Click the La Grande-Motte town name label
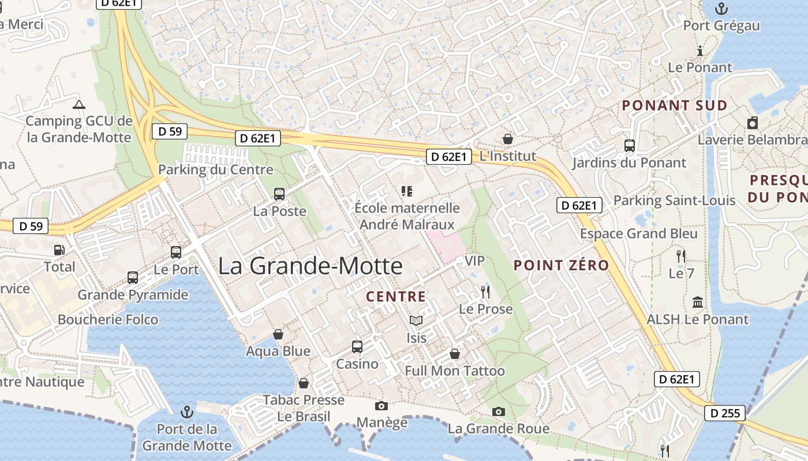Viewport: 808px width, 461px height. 311,266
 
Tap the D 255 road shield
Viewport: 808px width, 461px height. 725,413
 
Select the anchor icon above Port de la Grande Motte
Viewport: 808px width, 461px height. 186,411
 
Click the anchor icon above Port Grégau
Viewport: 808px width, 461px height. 721,9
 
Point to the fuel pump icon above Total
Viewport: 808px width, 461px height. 59,250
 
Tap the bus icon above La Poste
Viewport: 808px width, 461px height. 279,194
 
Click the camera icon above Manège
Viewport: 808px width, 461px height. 381,406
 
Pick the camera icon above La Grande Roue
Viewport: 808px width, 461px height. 499,411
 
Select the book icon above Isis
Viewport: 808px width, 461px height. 416,320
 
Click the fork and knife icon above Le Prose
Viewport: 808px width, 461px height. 485,292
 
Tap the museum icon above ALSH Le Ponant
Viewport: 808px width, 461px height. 697,302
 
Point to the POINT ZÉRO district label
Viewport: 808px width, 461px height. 561,265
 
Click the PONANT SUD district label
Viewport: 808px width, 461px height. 674,105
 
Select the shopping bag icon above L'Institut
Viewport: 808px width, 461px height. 508,138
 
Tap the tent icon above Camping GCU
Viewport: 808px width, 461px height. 79,104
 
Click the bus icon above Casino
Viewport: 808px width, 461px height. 357,347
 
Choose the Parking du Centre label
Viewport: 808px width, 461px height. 215,169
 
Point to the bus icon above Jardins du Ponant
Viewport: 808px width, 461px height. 629,146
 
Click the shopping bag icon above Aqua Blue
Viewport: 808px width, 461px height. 278,334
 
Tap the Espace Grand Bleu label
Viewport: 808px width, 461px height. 638,233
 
